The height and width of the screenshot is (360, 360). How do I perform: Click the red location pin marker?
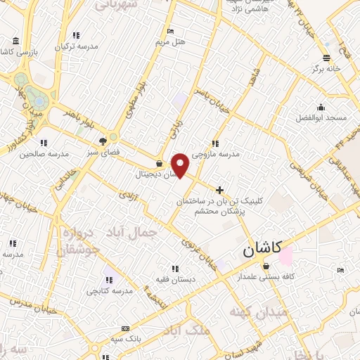(x=181, y=165)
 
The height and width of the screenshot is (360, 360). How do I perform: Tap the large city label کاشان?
(x=262, y=248)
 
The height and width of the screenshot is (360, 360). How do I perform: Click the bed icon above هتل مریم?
(x=170, y=31)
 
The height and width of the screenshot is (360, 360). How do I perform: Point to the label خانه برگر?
(x=326, y=69)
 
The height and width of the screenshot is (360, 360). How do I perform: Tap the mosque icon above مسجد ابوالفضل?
(x=321, y=107)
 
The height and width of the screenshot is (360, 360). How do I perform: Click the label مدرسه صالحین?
(x=44, y=153)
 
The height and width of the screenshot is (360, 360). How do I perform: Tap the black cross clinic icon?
(x=221, y=190)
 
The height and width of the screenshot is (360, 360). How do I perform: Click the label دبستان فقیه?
(x=175, y=279)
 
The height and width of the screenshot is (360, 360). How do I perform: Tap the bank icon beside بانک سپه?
(x=125, y=328)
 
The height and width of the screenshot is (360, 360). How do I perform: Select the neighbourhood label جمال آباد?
(x=130, y=232)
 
